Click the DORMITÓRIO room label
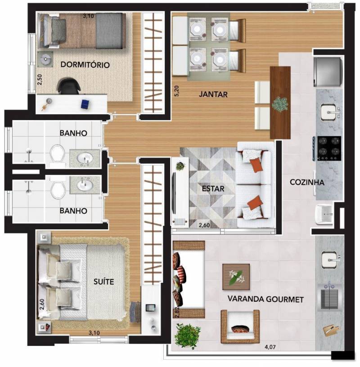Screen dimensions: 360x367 tap(85, 65)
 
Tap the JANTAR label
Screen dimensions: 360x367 tap(213, 94)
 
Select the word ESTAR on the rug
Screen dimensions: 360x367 tap(213, 188)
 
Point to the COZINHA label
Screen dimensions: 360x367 tap(307, 182)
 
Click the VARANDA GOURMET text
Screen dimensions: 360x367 tap(265, 299)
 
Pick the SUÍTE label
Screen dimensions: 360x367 tap(104, 282)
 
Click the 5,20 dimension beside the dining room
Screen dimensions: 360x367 tap(177, 91)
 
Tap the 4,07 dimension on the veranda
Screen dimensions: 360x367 tap(270, 347)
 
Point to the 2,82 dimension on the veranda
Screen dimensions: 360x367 tap(177, 312)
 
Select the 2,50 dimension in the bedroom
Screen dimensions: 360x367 tap(40, 80)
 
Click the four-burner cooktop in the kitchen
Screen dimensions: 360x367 tap(329, 148)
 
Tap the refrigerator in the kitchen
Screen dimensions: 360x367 tap(328, 72)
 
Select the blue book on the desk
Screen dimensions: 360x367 tap(85, 104)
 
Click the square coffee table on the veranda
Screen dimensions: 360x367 tap(236, 277)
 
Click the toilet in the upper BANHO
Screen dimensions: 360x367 tap(58, 154)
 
